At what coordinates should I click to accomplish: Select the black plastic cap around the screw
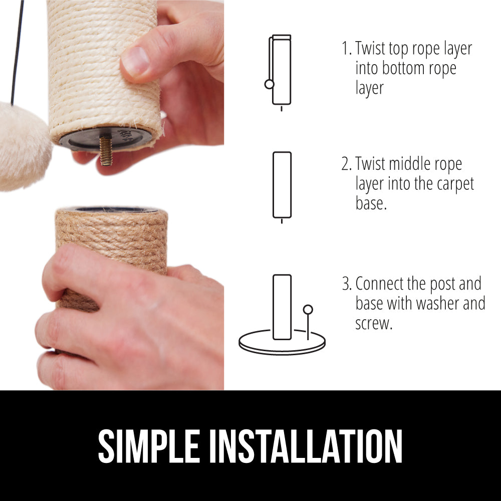(x=105, y=139)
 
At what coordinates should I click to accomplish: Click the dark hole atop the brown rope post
(x=116, y=209)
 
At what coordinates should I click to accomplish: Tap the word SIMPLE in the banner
(x=149, y=446)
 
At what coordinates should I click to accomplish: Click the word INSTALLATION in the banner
(x=306, y=446)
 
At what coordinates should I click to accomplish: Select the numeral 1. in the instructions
(x=347, y=49)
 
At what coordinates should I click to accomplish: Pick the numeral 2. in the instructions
(x=347, y=164)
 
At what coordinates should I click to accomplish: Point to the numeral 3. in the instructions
(x=347, y=284)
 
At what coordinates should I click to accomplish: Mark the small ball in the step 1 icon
(x=269, y=84)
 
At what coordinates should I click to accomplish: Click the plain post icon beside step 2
(x=282, y=185)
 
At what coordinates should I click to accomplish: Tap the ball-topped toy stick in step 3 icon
(x=308, y=322)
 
